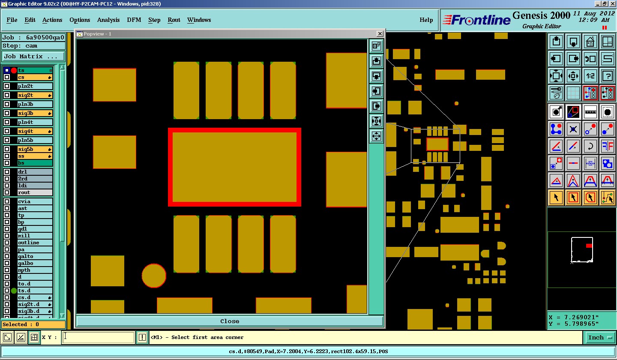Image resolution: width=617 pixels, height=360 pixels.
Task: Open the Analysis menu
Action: click(x=108, y=20)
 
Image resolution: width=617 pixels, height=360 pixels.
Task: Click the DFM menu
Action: click(x=134, y=20)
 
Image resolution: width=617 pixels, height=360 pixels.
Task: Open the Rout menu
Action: click(x=174, y=20)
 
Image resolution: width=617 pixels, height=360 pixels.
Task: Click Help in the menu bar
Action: click(x=426, y=20)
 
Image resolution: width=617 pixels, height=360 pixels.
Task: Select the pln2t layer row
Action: click(x=35, y=86)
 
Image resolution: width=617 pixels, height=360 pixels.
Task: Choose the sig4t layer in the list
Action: click(x=35, y=131)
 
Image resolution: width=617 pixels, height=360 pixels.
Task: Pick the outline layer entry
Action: click(x=35, y=243)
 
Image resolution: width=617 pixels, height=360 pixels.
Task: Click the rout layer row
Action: click(x=35, y=192)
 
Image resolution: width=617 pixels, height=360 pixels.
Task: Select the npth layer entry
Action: click(x=35, y=270)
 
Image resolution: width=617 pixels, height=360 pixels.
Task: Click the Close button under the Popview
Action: click(x=230, y=321)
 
